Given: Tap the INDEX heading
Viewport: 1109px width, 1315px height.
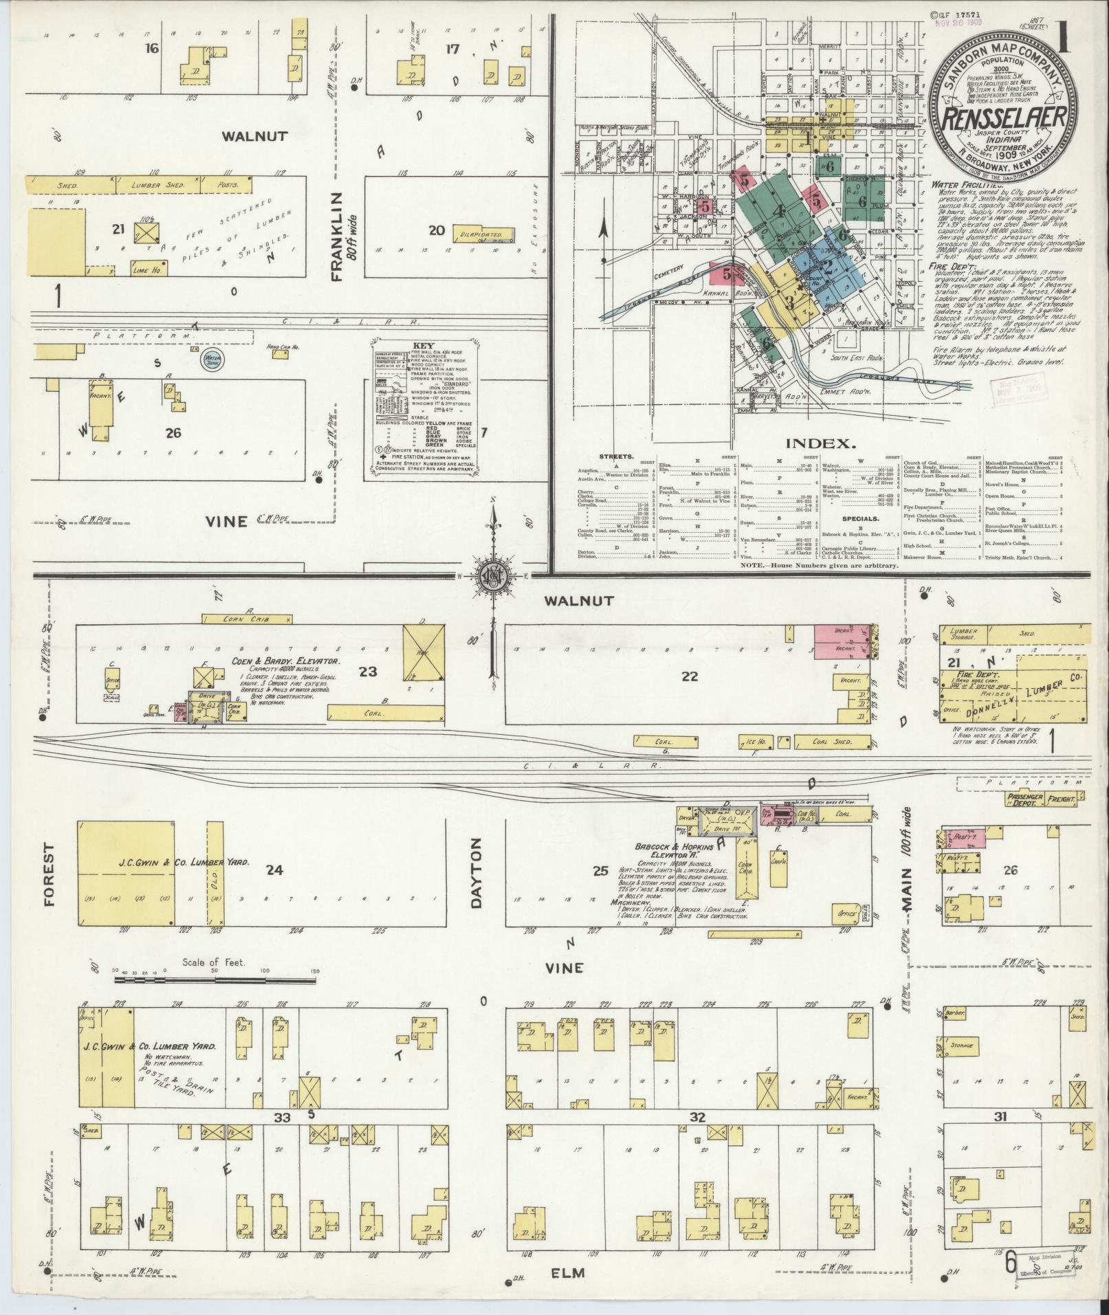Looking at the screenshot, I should (828, 443).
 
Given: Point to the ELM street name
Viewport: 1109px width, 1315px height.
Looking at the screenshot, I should (568, 1272).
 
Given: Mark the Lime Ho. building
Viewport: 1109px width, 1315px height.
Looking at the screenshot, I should (144, 271).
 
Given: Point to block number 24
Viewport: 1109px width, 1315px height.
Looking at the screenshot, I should (274, 870).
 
